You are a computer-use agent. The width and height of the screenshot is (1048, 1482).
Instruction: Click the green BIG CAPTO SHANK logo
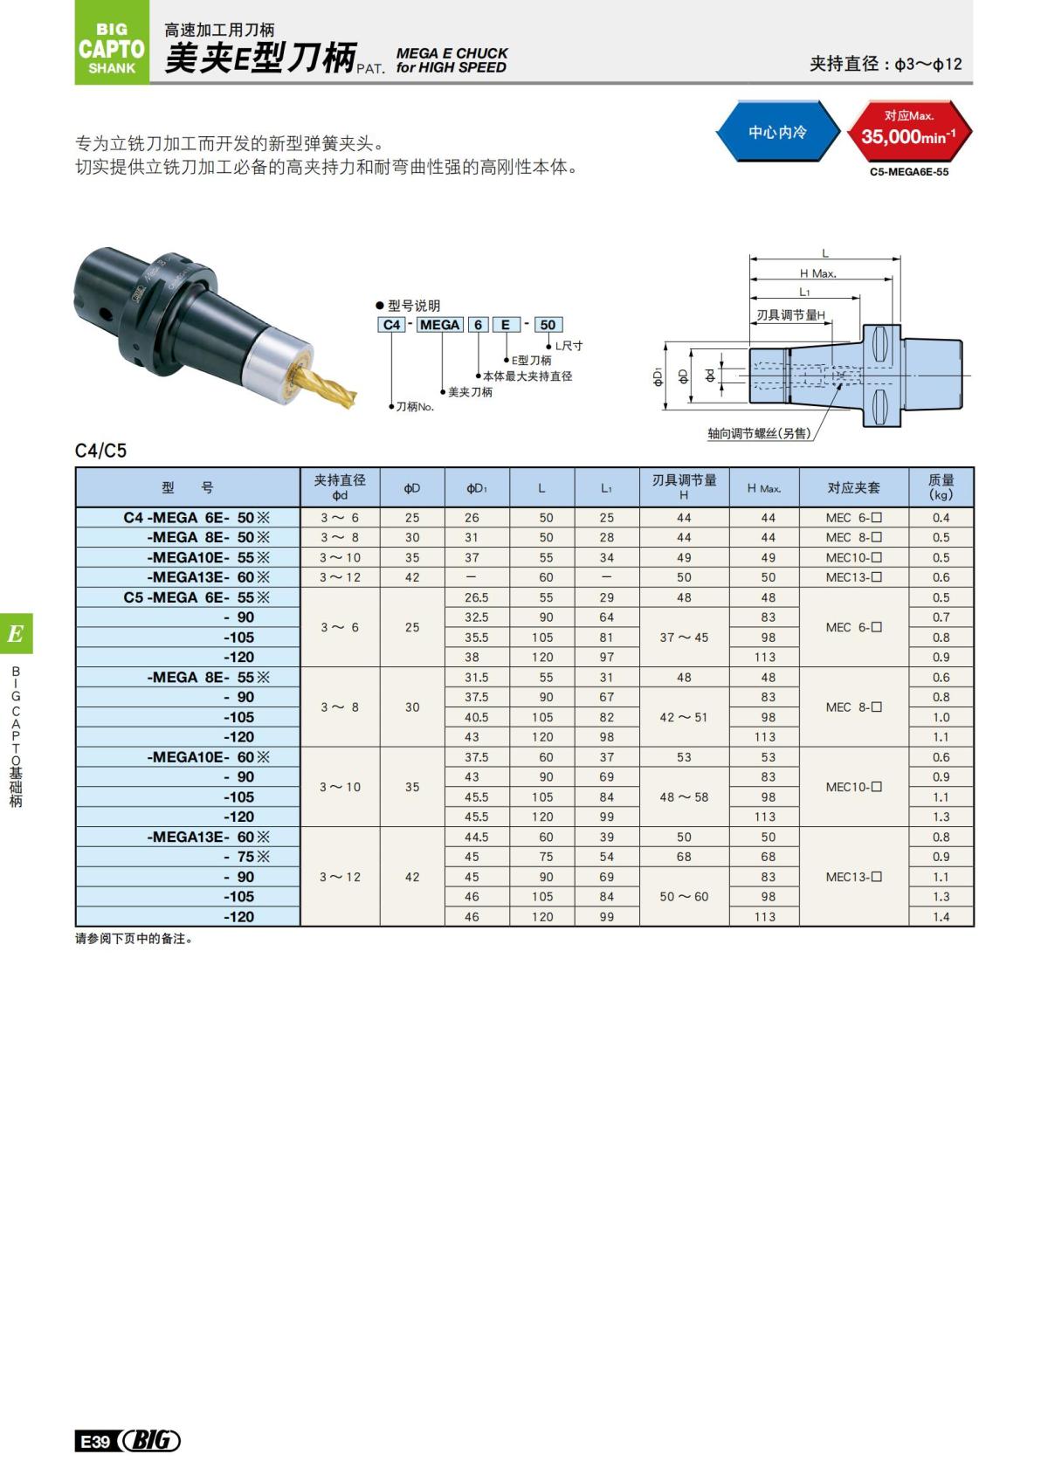tap(112, 48)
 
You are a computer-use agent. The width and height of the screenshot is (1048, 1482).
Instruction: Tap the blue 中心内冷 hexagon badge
tap(776, 133)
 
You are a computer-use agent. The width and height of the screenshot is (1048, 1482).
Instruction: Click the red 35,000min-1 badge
tap(908, 131)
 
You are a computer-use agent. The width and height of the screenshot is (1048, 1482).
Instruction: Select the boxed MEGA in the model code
tap(439, 325)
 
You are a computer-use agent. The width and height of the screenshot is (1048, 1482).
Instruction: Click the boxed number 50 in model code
tap(548, 325)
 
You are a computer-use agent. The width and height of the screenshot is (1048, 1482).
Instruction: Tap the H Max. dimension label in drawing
tap(817, 273)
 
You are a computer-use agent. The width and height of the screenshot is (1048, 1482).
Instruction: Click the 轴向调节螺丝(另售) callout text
tap(758, 433)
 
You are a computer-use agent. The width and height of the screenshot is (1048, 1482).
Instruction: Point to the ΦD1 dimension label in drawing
tap(658, 376)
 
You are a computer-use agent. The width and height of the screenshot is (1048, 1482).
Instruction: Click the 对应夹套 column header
tap(853, 488)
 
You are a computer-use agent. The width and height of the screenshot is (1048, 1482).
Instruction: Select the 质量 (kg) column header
tap(941, 487)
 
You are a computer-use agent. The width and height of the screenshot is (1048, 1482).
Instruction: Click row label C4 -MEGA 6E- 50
tap(196, 518)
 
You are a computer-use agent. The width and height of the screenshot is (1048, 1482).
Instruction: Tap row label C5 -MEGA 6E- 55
tap(196, 597)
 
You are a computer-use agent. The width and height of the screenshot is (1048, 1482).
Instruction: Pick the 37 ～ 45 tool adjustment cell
tap(684, 638)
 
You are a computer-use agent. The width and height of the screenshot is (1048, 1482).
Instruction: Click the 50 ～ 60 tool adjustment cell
tap(684, 897)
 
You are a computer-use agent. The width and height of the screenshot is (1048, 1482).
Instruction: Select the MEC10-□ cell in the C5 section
tap(853, 787)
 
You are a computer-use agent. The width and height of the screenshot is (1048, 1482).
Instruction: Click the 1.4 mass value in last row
tap(941, 917)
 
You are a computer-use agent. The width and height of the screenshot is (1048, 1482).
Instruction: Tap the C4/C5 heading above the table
tap(100, 451)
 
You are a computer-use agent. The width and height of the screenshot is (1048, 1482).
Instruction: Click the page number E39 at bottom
tap(93, 1441)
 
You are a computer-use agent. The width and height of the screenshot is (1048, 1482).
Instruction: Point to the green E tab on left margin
tap(16, 634)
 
